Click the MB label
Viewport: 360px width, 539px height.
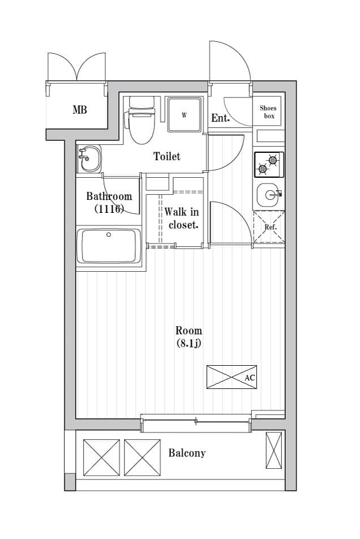(80, 110)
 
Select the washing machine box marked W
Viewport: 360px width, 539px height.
(185, 115)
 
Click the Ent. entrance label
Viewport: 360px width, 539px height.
(220, 118)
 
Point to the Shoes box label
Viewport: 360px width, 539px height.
(268, 112)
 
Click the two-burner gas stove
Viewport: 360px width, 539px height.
(269, 165)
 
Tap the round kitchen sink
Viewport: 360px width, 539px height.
(269, 195)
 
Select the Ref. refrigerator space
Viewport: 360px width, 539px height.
(269, 227)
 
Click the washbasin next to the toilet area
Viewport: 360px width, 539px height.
(89, 159)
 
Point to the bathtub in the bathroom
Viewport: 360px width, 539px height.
(109, 246)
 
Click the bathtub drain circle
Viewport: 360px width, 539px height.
(109, 235)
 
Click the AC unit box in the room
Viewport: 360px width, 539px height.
(232, 377)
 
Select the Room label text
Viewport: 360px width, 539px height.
(188, 331)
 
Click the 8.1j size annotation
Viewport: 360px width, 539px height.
(188, 343)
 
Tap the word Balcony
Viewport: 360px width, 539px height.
(187, 453)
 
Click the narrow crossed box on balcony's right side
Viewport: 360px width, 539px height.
(274, 450)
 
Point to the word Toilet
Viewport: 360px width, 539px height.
(166, 156)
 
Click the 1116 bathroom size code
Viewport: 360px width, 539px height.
(109, 209)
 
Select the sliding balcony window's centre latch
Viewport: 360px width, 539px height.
(196, 421)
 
